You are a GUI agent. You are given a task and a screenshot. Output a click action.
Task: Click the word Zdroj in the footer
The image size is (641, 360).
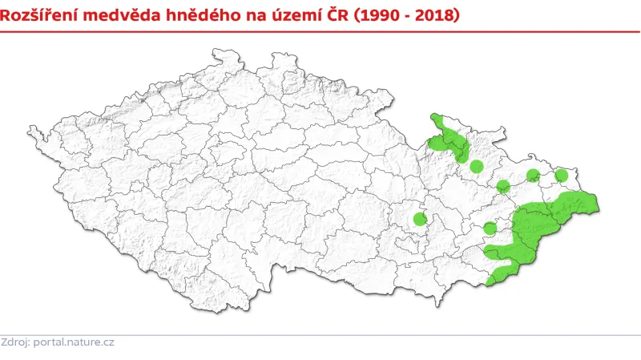tap(14, 342)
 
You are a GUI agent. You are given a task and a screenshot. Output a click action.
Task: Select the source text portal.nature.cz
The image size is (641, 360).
tap(73, 342)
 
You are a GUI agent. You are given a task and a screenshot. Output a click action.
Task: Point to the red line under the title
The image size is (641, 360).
tap(320, 31)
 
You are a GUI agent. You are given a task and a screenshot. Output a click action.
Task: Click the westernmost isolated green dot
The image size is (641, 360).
tap(420, 219)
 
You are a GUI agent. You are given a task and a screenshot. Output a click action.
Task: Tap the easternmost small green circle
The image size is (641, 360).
tap(561, 175)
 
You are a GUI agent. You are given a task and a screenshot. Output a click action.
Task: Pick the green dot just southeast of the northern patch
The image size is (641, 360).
tap(476, 167)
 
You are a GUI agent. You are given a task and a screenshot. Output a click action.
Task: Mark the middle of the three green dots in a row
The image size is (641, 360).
tap(533, 176)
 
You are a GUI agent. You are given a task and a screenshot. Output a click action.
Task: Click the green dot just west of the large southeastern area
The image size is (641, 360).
tap(490, 229)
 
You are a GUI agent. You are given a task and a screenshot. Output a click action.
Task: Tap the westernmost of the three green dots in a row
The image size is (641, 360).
tap(503, 187)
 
